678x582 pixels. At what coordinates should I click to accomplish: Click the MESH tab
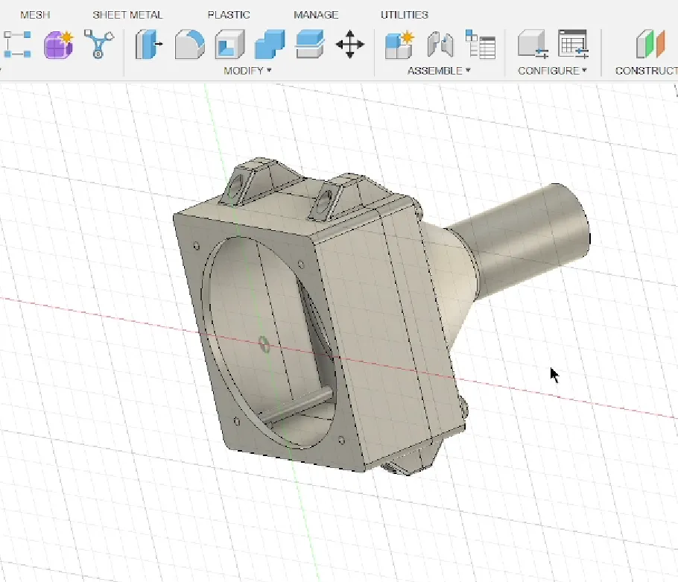point(35,15)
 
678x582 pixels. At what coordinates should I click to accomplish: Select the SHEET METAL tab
point(127,15)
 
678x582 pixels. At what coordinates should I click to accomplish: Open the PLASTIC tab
point(229,15)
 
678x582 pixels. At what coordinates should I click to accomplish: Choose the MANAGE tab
point(316,15)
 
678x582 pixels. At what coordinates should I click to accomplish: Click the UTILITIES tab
point(405,15)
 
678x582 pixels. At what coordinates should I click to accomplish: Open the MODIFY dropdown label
point(247,71)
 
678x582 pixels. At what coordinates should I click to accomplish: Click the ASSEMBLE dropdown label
point(439,71)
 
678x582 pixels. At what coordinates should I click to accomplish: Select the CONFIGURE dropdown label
point(552,71)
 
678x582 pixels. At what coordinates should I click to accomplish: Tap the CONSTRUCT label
point(647,71)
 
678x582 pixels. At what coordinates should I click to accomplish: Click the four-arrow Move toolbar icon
point(350,44)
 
